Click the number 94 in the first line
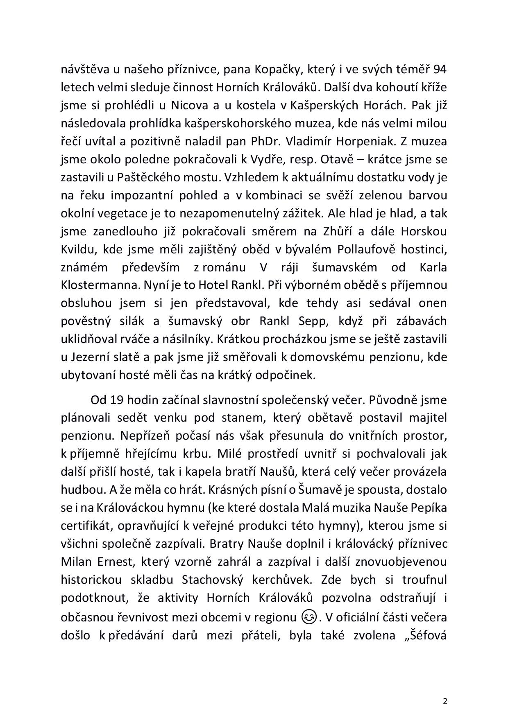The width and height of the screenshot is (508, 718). pos(440,69)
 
